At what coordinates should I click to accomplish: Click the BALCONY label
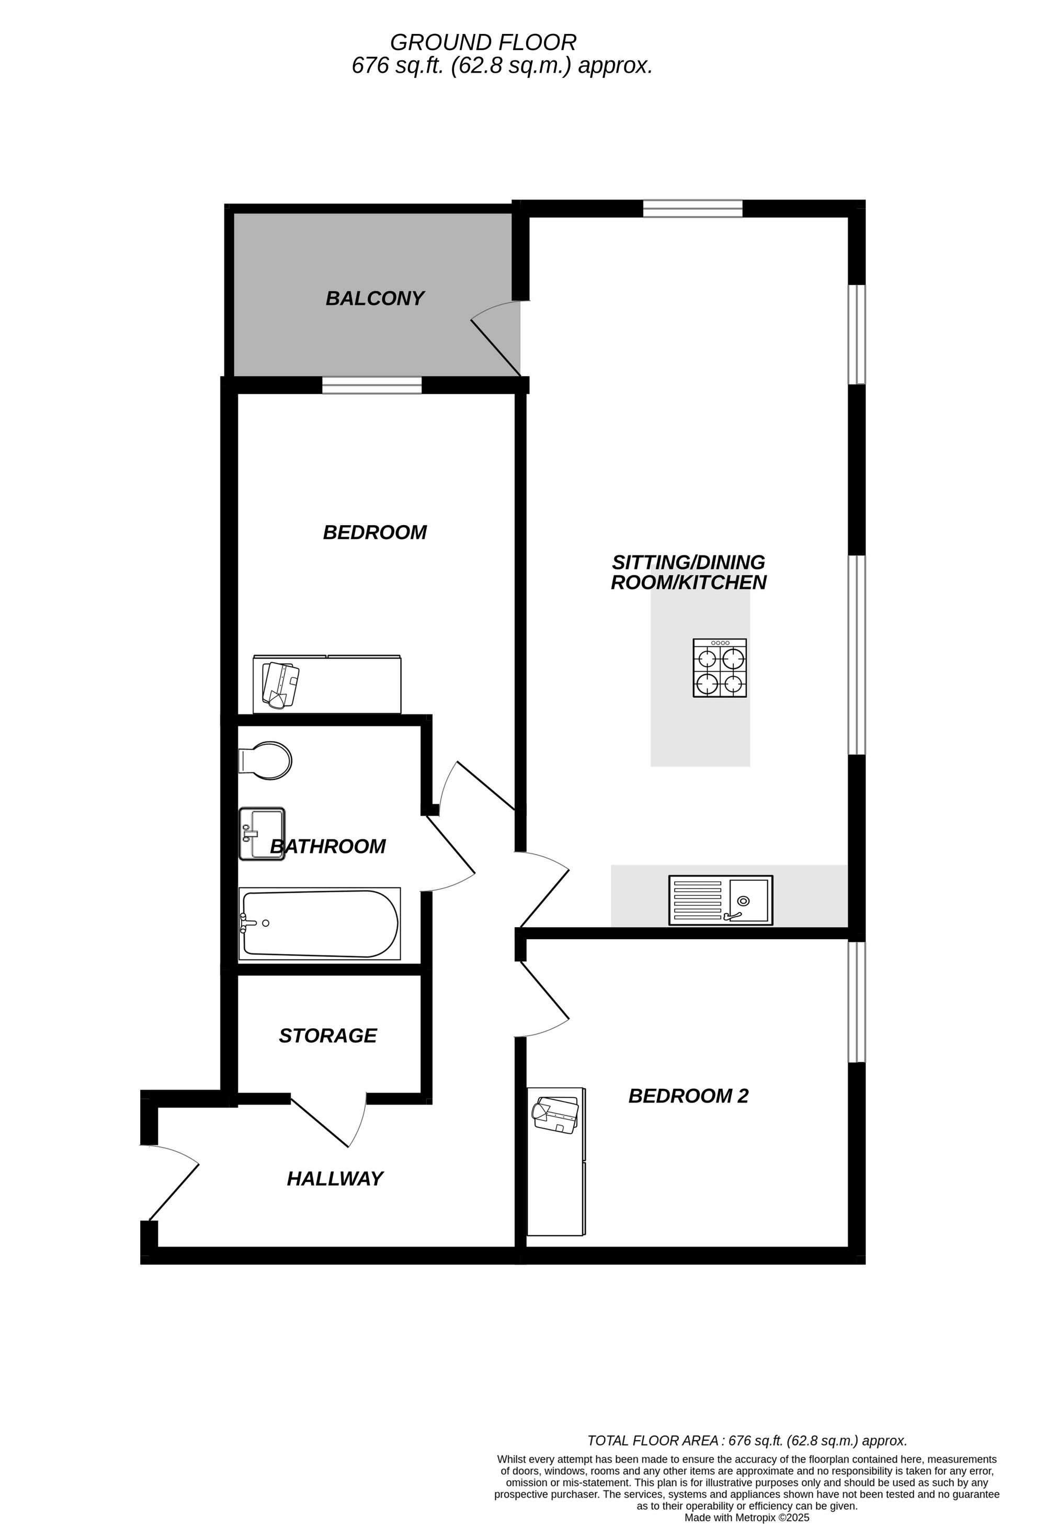click(374, 299)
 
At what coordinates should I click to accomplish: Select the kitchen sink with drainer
click(721, 901)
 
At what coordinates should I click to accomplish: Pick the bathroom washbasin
click(261, 834)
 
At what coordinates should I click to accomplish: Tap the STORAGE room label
click(328, 1036)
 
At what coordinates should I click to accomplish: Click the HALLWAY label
click(335, 1179)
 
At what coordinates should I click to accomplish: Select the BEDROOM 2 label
click(689, 1096)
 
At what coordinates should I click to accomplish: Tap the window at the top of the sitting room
click(692, 209)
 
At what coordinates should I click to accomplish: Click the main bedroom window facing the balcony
click(372, 385)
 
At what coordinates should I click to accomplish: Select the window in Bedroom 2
click(857, 1002)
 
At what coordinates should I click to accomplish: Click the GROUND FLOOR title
click(483, 43)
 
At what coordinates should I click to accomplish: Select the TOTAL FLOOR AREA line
click(747, 1441)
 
